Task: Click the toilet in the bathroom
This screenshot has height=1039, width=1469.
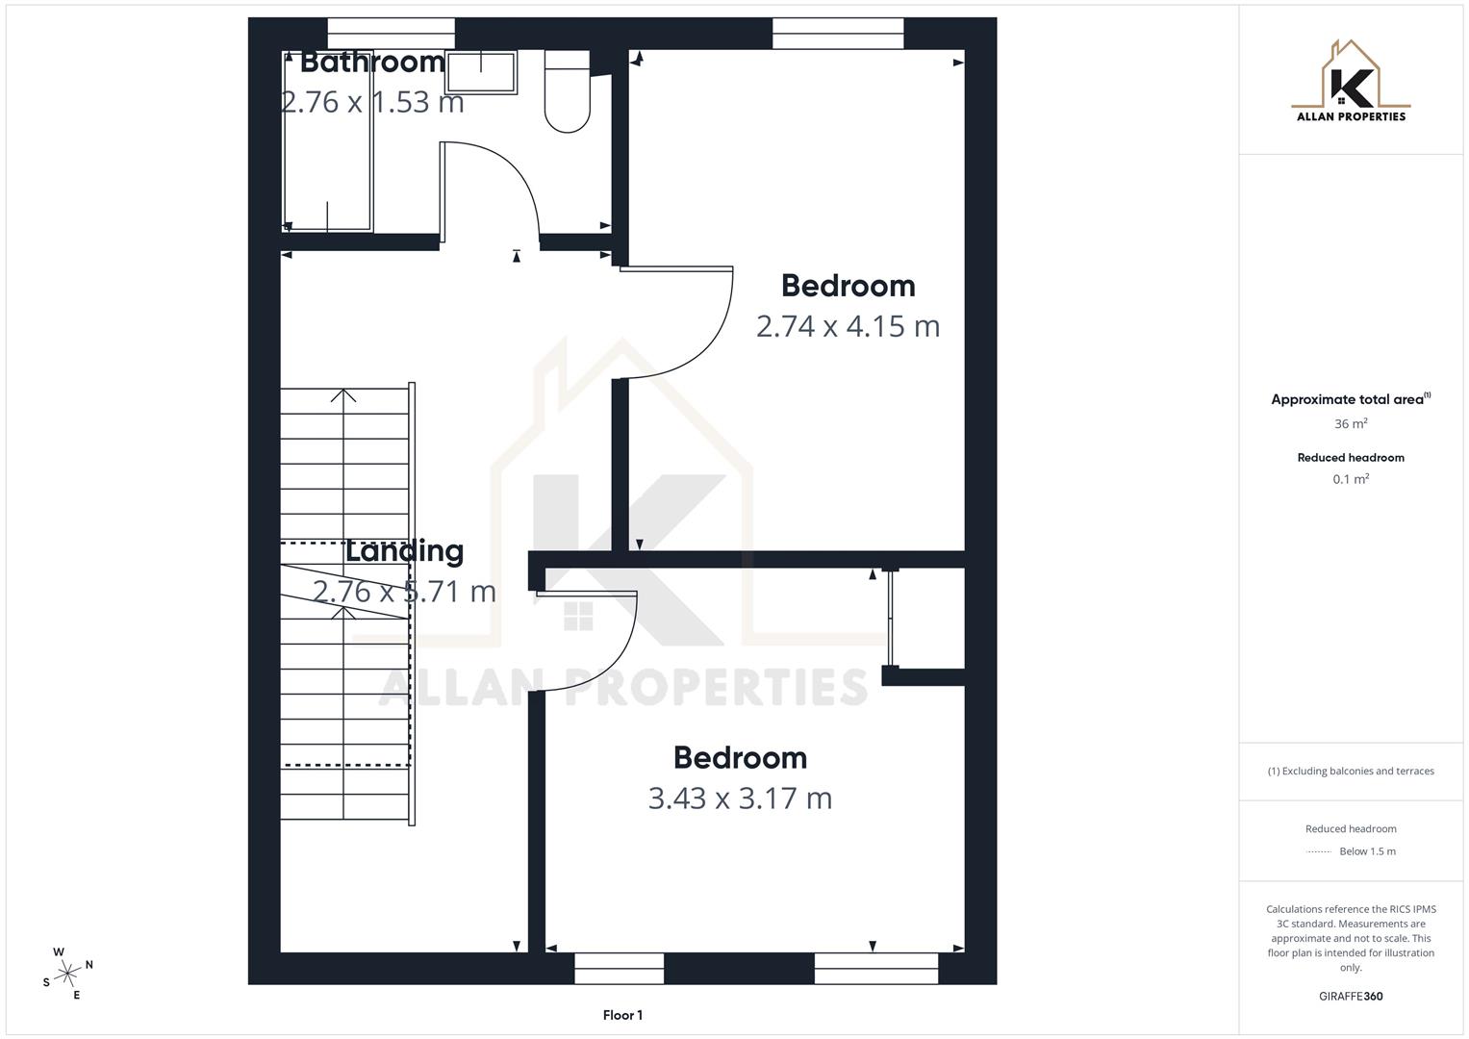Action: point(568,94)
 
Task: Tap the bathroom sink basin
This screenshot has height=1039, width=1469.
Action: point(481,71)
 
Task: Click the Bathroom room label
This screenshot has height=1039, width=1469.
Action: point(372,63)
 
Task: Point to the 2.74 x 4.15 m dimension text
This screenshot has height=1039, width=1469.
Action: point(848,326)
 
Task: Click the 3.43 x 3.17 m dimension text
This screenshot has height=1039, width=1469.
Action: point(740,798)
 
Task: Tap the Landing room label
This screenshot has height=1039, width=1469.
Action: point(404,550)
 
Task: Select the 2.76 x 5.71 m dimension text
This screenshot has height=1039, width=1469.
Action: point(404,591)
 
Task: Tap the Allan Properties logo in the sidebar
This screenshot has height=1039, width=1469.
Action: point(1351,83)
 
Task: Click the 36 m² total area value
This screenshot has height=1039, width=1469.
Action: point(1351,423)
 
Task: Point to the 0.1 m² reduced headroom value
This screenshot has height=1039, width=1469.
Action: point(1351,479)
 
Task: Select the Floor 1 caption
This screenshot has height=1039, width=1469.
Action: point(622,1015)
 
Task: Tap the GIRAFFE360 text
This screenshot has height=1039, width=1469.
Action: point(1351,996)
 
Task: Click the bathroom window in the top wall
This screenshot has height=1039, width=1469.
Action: point(391,34)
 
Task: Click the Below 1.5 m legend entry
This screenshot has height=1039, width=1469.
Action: point(1366,851)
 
